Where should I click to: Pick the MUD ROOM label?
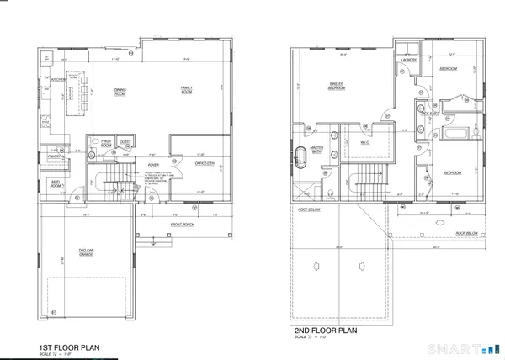coord(56,184)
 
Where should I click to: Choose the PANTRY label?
coord(52,156)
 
